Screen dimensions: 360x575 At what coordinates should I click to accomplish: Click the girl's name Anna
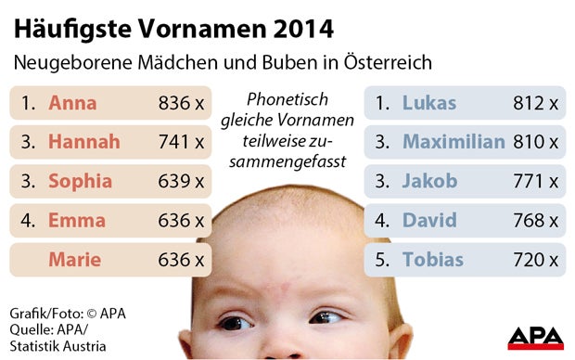pos(72,103)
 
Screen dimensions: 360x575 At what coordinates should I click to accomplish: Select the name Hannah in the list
pos(84,142)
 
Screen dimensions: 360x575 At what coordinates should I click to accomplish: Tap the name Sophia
pos(80,181)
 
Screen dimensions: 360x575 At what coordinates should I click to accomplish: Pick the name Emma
pos(77,221)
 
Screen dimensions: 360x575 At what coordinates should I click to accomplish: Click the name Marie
pos(75,260)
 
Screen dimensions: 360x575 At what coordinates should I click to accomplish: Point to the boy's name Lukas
pos(429,103)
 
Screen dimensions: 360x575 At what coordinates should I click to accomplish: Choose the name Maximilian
pos(454,142)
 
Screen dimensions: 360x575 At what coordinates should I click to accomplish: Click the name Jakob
pos(429,181)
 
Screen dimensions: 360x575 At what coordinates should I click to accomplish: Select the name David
pos(429,221)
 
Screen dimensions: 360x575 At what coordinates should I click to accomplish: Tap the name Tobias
pos(432,260)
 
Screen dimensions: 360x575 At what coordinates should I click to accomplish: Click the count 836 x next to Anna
pos(181,103)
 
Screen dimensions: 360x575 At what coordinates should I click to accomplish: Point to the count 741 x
pos(181,142)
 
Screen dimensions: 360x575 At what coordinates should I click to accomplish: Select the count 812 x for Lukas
pos(535,103)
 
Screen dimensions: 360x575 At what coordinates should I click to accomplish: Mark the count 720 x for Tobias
pos(535,260)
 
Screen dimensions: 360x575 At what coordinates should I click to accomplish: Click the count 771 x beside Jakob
pos(535,181)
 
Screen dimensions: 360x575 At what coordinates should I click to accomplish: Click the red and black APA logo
pos(535,338)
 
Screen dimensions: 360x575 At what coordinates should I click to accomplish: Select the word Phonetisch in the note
pos(288,99)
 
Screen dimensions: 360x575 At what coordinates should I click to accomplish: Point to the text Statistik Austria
pos(57,346)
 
